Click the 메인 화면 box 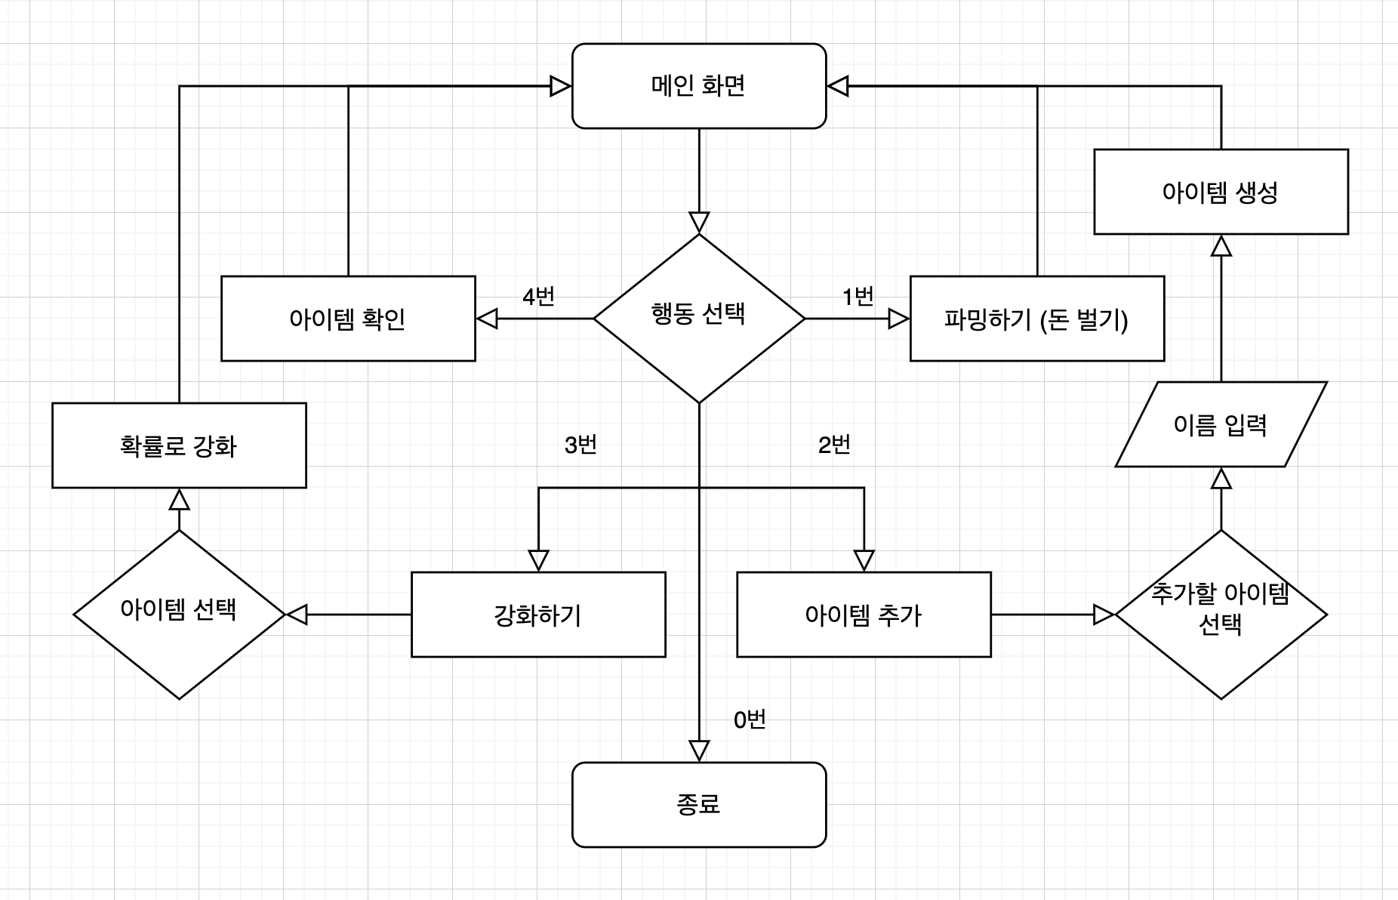699,86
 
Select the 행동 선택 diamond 699,318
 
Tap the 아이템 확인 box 348,319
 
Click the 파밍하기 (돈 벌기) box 1036,319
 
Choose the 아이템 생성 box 1221,192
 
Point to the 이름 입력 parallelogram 1221,424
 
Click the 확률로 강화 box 179,445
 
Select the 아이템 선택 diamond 179,614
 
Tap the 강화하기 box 538,615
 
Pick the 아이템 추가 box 864,615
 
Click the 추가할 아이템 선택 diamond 1221,614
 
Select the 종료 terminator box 699,805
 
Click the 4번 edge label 538,297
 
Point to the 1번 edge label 858,297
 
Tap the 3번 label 580,445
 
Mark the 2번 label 834,445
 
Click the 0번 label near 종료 750,720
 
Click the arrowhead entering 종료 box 699,751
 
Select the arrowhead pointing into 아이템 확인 488,319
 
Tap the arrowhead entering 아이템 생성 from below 1221,245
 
